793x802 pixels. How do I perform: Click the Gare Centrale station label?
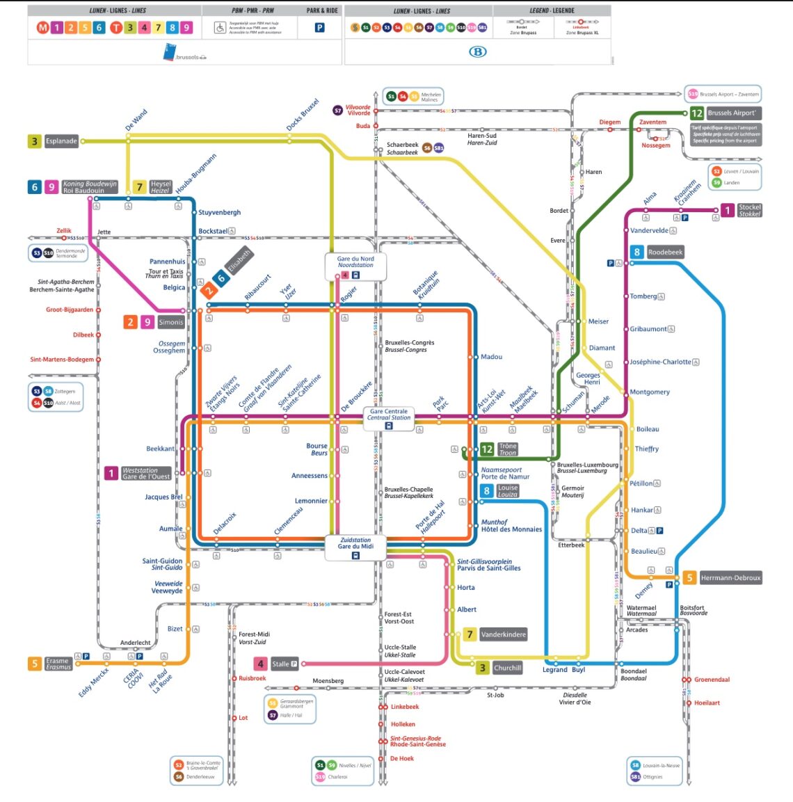tap(388, 415)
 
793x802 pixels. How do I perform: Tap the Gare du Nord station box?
tap(355, 262)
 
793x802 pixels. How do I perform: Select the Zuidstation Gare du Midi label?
tap(355, 543)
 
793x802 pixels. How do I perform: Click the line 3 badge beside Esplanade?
tap(34, 141)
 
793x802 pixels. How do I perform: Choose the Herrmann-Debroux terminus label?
tap(730, 578)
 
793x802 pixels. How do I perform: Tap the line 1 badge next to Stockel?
tap(727, 210)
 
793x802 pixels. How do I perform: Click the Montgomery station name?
tap(650, 392)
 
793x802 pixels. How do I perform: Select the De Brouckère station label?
tap(357, 396)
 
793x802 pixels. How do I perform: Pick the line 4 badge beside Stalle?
tap(260, 664)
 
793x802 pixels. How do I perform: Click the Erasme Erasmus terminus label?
tap(58, 664)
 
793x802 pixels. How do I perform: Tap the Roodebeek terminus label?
tap(665, 252)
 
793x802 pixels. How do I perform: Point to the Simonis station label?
tap(170, 322)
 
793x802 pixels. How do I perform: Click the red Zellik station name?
tap(64, 231)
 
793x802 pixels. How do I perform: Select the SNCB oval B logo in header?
tap(477, 52)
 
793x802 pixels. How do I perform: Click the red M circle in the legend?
tap(43, 28)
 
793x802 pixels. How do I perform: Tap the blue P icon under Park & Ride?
tap(319, 28)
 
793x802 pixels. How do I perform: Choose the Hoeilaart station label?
tap(707, 703)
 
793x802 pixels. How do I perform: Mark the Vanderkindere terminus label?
tap(503, 634)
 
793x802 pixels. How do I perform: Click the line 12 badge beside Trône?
tap(487, 449)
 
